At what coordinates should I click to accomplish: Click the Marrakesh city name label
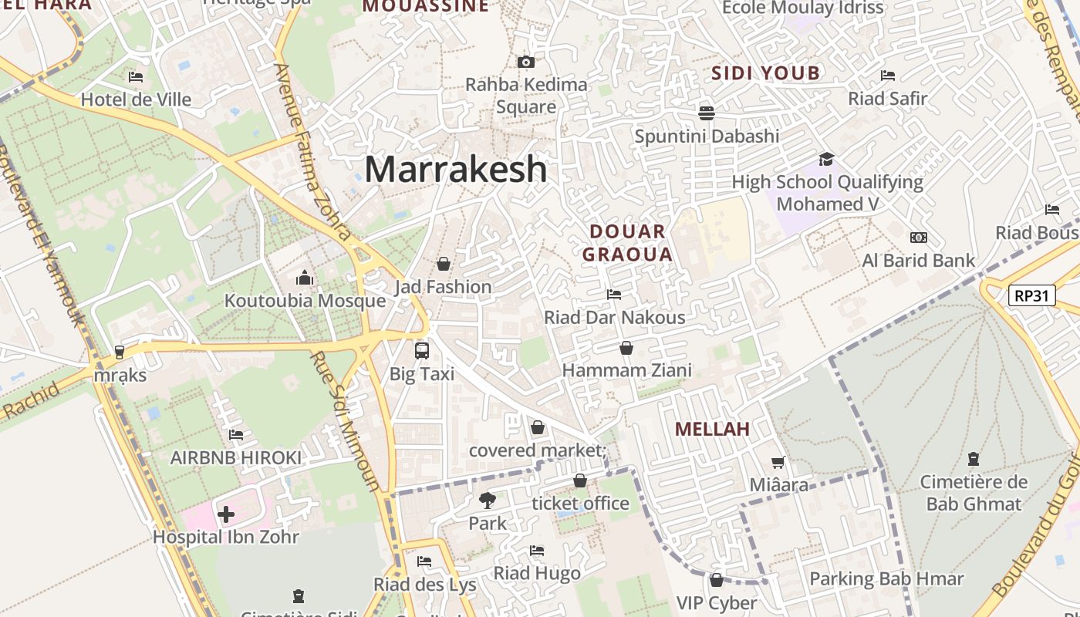(456, 169)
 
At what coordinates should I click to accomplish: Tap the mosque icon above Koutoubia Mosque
(305, 278)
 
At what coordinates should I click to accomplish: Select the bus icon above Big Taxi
(422, 351)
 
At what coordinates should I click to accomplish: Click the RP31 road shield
(1031, 295)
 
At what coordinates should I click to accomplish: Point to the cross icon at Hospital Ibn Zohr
(226, 514)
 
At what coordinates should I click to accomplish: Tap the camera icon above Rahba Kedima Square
(526, 62)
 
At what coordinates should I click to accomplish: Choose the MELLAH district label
(712, 429)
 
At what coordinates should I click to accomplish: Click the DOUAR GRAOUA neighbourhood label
(627, 242)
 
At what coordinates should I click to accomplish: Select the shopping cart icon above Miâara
(779, 462)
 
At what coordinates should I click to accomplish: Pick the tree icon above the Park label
(488, 500)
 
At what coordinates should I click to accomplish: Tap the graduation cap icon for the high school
(827, 159)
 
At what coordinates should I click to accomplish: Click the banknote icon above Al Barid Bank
(919, 238)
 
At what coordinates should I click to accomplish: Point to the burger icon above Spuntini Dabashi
(706, 113)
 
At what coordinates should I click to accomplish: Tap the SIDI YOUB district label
(765, 73)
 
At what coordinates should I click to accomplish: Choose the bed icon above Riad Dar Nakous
(614, 294)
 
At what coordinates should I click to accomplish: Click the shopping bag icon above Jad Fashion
(444, 264)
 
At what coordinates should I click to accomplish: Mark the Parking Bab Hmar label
(886, 578)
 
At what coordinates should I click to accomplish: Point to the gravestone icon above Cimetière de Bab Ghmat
(974, 459)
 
